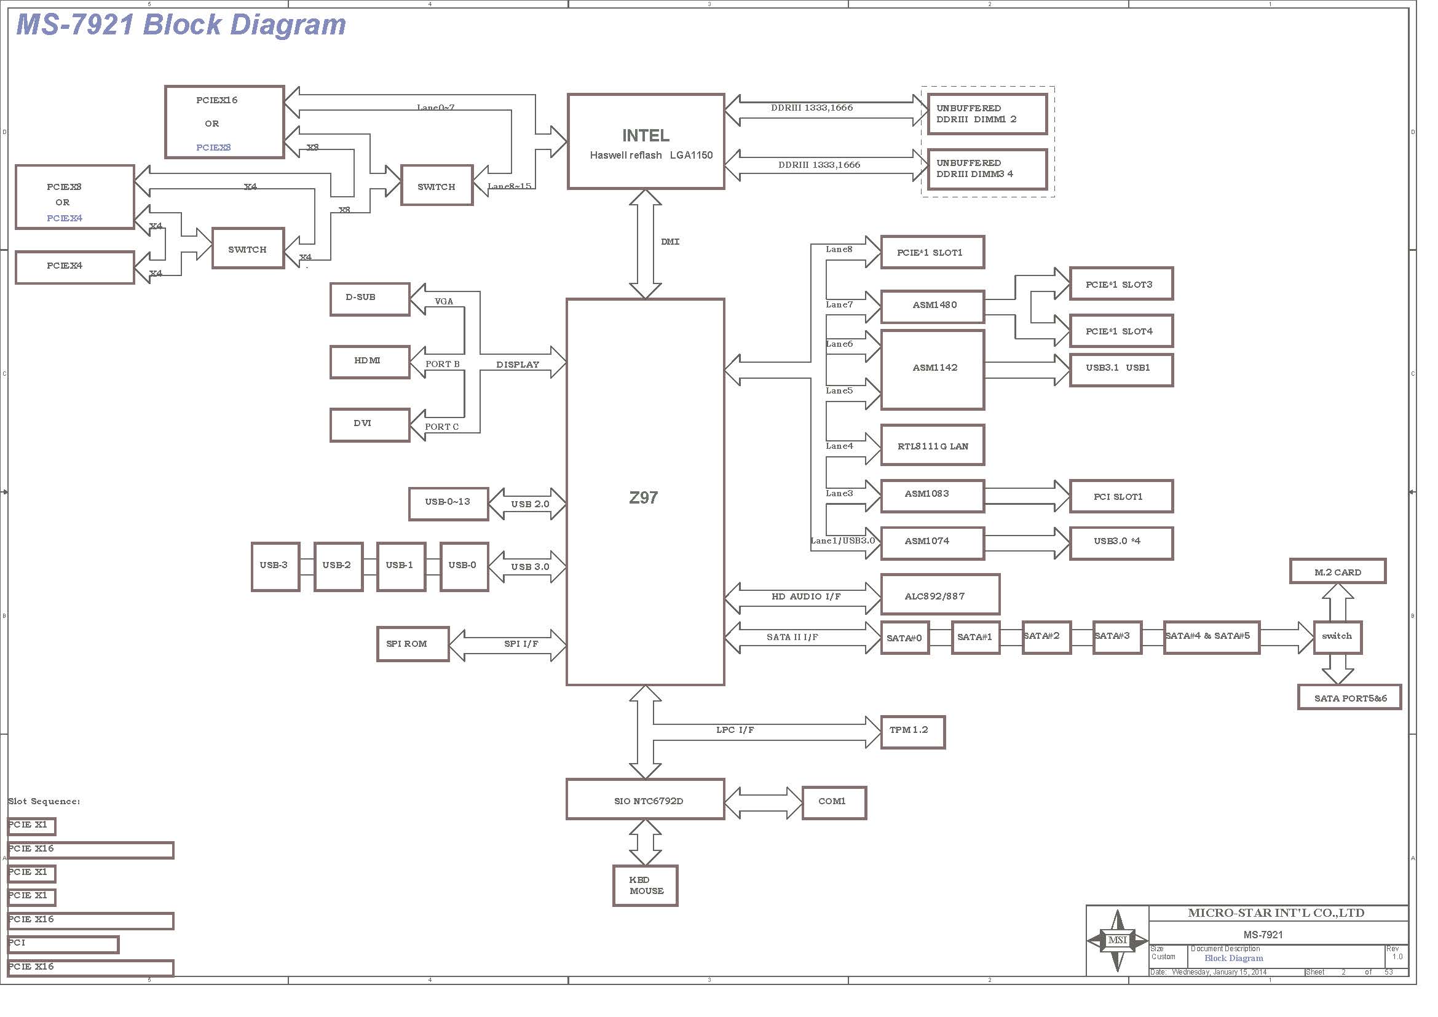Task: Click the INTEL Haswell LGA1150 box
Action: coord(646,141)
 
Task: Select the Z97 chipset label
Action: coord(643,498)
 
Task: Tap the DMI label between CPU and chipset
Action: coord(670,242)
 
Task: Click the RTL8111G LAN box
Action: coord(933,445)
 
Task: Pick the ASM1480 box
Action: coord(933,307)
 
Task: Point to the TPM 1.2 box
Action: coord(912,732)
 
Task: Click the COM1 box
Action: coord(834,803)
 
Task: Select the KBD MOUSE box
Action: coord(645,886)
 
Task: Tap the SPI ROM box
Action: coord(413,644)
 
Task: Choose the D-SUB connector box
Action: coord(369,299)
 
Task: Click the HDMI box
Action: coord(369,362)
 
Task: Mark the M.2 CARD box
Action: coord(1338,571)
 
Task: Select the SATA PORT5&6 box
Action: coord(1349,697)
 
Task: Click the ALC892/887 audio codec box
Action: coord(940,595)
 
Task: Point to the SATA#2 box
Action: coord(1046,638)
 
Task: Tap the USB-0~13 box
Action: coord(448,504)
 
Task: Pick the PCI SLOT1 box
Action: coord(1121,497)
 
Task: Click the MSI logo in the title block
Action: coord(1117,940)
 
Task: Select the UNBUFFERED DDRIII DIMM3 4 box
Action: coord(987,169)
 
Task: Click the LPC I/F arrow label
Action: coord(735,730)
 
